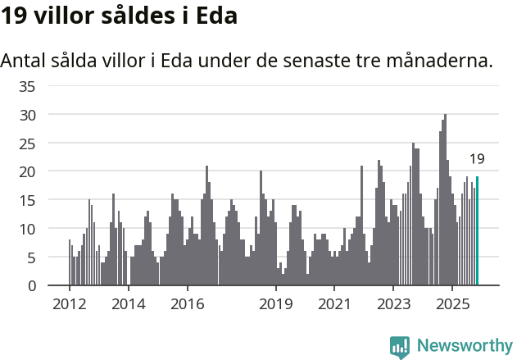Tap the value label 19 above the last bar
tap(477, 159)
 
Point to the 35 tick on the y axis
tap(27, 86)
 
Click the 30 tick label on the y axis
tap(27, 115)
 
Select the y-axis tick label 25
tap(27, 144)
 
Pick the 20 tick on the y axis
tap(27, 171)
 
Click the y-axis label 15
tap(27, 200)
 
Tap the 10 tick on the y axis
tap(27, 229)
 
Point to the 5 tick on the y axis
tap(30, 257)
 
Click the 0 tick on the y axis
tap(30, 285)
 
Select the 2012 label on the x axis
tap(70, 304)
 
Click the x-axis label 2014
tap(129, 304)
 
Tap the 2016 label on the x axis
tap(188, 304)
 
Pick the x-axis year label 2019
tap(276, 304)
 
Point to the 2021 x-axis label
tap(334, 304)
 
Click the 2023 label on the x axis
tap(393, 304)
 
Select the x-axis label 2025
tap(452, 304)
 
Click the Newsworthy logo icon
tap(400, 347)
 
